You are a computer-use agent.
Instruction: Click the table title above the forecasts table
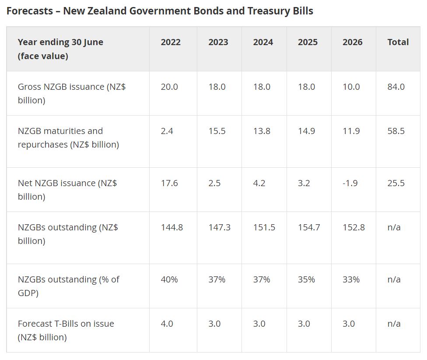pos(160,11)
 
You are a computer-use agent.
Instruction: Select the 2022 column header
pos(171,42)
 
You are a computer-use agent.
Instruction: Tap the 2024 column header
pos(263,42)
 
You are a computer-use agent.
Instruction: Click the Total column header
pos(398,42)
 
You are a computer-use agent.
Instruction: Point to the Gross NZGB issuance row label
pos(72,93)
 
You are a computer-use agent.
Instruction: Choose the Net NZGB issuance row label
pos(67,190)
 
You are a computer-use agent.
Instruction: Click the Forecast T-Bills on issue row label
pos(66,330)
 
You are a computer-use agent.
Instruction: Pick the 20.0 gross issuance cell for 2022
pos(169,87)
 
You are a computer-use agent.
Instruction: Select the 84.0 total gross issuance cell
pos(396,87)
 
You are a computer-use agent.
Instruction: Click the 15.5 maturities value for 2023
pos(217,131)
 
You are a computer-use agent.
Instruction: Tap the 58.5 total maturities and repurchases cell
pos(396,131)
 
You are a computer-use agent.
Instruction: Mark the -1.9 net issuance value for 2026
pos(350,183)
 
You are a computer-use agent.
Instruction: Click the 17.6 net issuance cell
pos(169,183)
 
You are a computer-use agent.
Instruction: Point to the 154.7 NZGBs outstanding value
pos(309,227)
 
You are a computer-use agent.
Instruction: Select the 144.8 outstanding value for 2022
pos(172,227)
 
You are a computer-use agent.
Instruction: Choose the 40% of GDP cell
pos(169,279)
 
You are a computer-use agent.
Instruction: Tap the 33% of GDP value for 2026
pos(351,279)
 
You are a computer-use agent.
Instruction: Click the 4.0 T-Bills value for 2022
pos(167,324)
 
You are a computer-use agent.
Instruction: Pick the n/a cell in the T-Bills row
pos(394,324)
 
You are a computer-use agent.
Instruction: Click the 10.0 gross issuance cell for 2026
pos(351,87)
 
